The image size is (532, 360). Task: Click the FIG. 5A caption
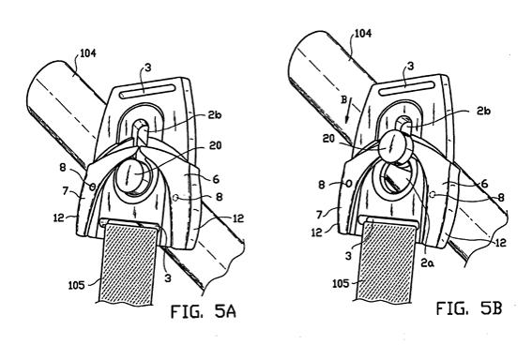point(204,311)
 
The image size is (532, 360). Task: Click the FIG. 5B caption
point(469,307)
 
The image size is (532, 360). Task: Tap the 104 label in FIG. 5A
point(87,53)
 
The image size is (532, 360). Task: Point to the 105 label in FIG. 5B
point(341,283)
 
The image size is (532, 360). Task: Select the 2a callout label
point(428,262)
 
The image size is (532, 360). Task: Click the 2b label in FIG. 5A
point(215,115)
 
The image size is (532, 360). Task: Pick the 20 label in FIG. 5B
point(329,139)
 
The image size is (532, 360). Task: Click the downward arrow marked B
point(348,110)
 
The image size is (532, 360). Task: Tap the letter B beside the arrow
point(343,100)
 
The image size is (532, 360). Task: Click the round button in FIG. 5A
point(133,175)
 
